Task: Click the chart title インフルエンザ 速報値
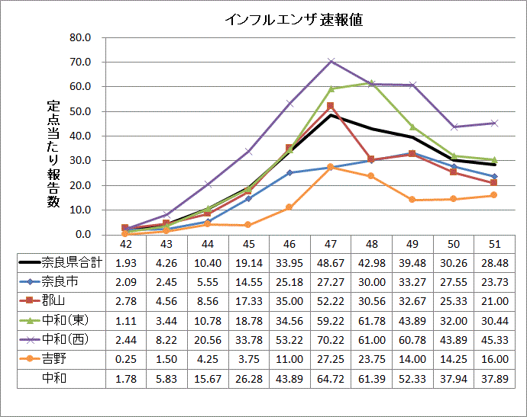point(293,20)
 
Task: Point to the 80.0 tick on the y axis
point(79,37)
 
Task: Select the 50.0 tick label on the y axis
point(79,111)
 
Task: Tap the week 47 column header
point(330,244)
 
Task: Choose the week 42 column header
point(124,244)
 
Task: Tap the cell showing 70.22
point(330,338)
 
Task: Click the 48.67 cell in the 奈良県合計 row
point(330,263)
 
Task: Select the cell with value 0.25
point(124,358)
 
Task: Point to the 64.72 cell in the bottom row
point(330,377)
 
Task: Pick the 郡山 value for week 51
point(495,300)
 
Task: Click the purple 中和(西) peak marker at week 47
point(331,61)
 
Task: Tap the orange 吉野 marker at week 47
point(331,167)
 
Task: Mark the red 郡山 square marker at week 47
point(331,106)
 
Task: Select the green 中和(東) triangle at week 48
point(372,82)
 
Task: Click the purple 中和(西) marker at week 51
point(495,123)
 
